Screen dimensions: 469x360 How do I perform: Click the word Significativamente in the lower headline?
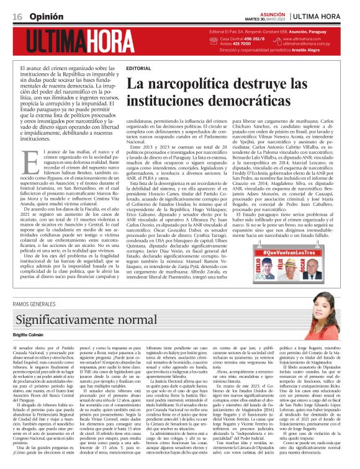(68, 321)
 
